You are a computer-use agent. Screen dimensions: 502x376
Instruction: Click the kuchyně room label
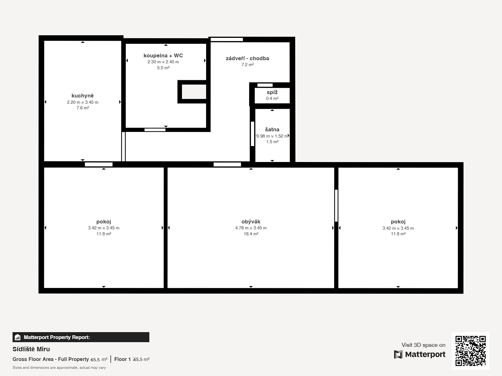83,96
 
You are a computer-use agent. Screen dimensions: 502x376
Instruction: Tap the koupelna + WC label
163,55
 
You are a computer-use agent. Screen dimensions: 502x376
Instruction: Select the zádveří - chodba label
247,59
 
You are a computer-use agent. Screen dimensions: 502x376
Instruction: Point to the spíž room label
272,92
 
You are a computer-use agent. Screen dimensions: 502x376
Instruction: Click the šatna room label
272,129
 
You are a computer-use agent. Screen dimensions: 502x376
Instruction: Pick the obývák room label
251,222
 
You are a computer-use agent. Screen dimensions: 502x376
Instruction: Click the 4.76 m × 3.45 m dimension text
251,228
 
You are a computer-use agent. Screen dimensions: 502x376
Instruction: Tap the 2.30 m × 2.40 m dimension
163,62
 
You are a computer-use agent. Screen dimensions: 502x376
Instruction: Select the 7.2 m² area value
248,65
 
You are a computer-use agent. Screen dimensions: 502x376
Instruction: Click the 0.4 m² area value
272,98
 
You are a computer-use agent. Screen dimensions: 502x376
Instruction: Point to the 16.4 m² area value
251,234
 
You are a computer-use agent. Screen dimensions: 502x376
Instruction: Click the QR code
470,351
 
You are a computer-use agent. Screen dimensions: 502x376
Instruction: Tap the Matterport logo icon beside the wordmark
398,354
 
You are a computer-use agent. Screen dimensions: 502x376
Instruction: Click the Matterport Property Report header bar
81,337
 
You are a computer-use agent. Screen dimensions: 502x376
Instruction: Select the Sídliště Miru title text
31,349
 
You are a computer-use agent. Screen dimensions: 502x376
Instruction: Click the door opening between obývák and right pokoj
336,206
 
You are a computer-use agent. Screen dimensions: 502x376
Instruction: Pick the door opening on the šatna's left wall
253,134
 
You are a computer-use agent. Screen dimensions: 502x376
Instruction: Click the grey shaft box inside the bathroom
194,92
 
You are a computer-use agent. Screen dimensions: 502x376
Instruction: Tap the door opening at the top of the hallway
227,39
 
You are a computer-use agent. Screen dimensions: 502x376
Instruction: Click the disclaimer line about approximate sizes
59,368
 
